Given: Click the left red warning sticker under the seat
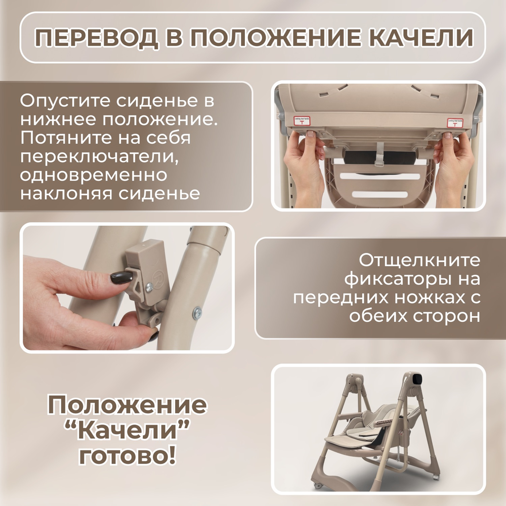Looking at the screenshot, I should click(x=302, y=121).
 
